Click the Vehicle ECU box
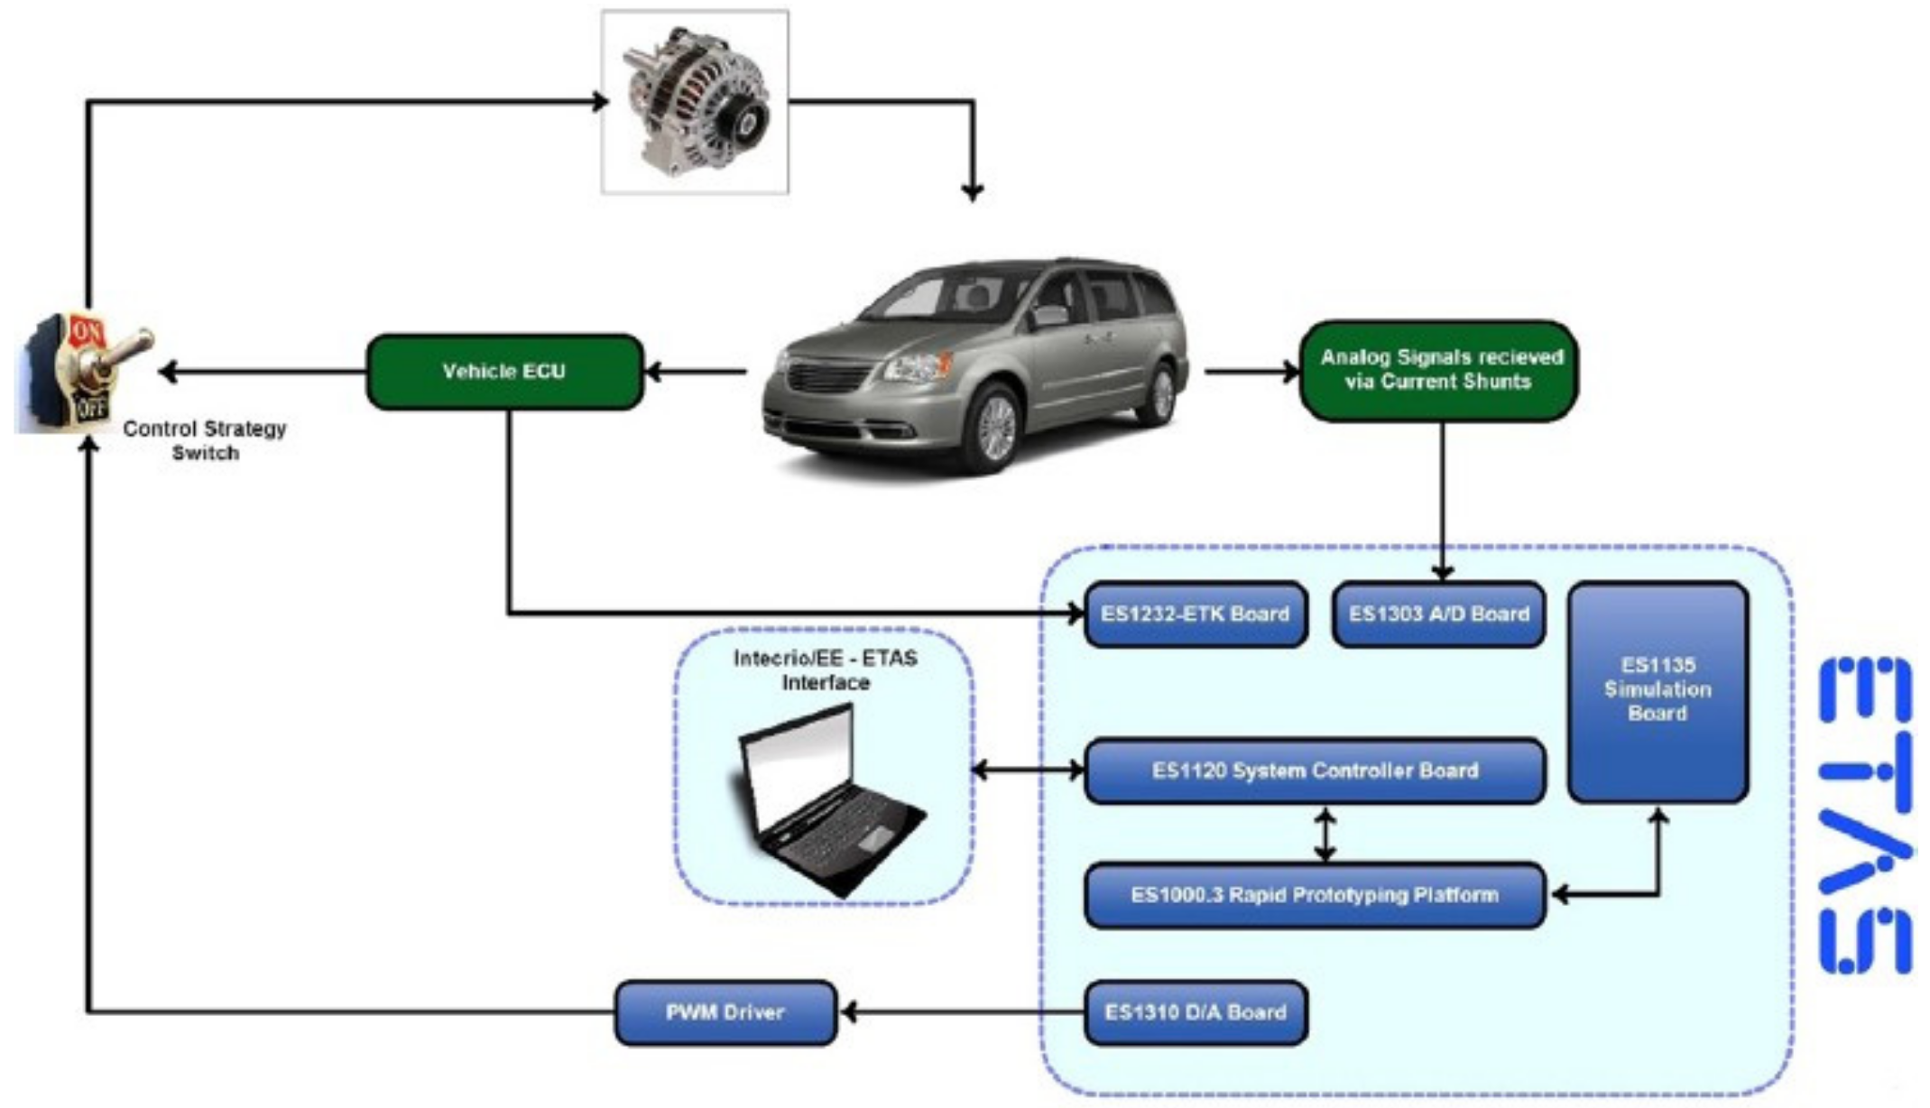tap(504, 372)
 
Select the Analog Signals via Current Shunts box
tap(1439, 370)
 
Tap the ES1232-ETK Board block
tap(1196, 614)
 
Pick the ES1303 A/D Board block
tap(1438, 614)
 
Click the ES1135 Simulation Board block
tap(1658, 691)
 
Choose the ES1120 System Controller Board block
tap(1315, 771)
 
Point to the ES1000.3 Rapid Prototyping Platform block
tap(1315, 896)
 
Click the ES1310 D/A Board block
tap(1196, 1012)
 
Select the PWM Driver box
tap(725, 1012)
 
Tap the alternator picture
tap(695, 101)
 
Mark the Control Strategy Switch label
tap(205, 440)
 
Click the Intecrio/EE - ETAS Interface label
tap(825, 670)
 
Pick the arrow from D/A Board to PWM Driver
tap(961, 1012)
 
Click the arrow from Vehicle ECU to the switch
tap(262, 372)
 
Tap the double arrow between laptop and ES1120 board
tap(1029, 771)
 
